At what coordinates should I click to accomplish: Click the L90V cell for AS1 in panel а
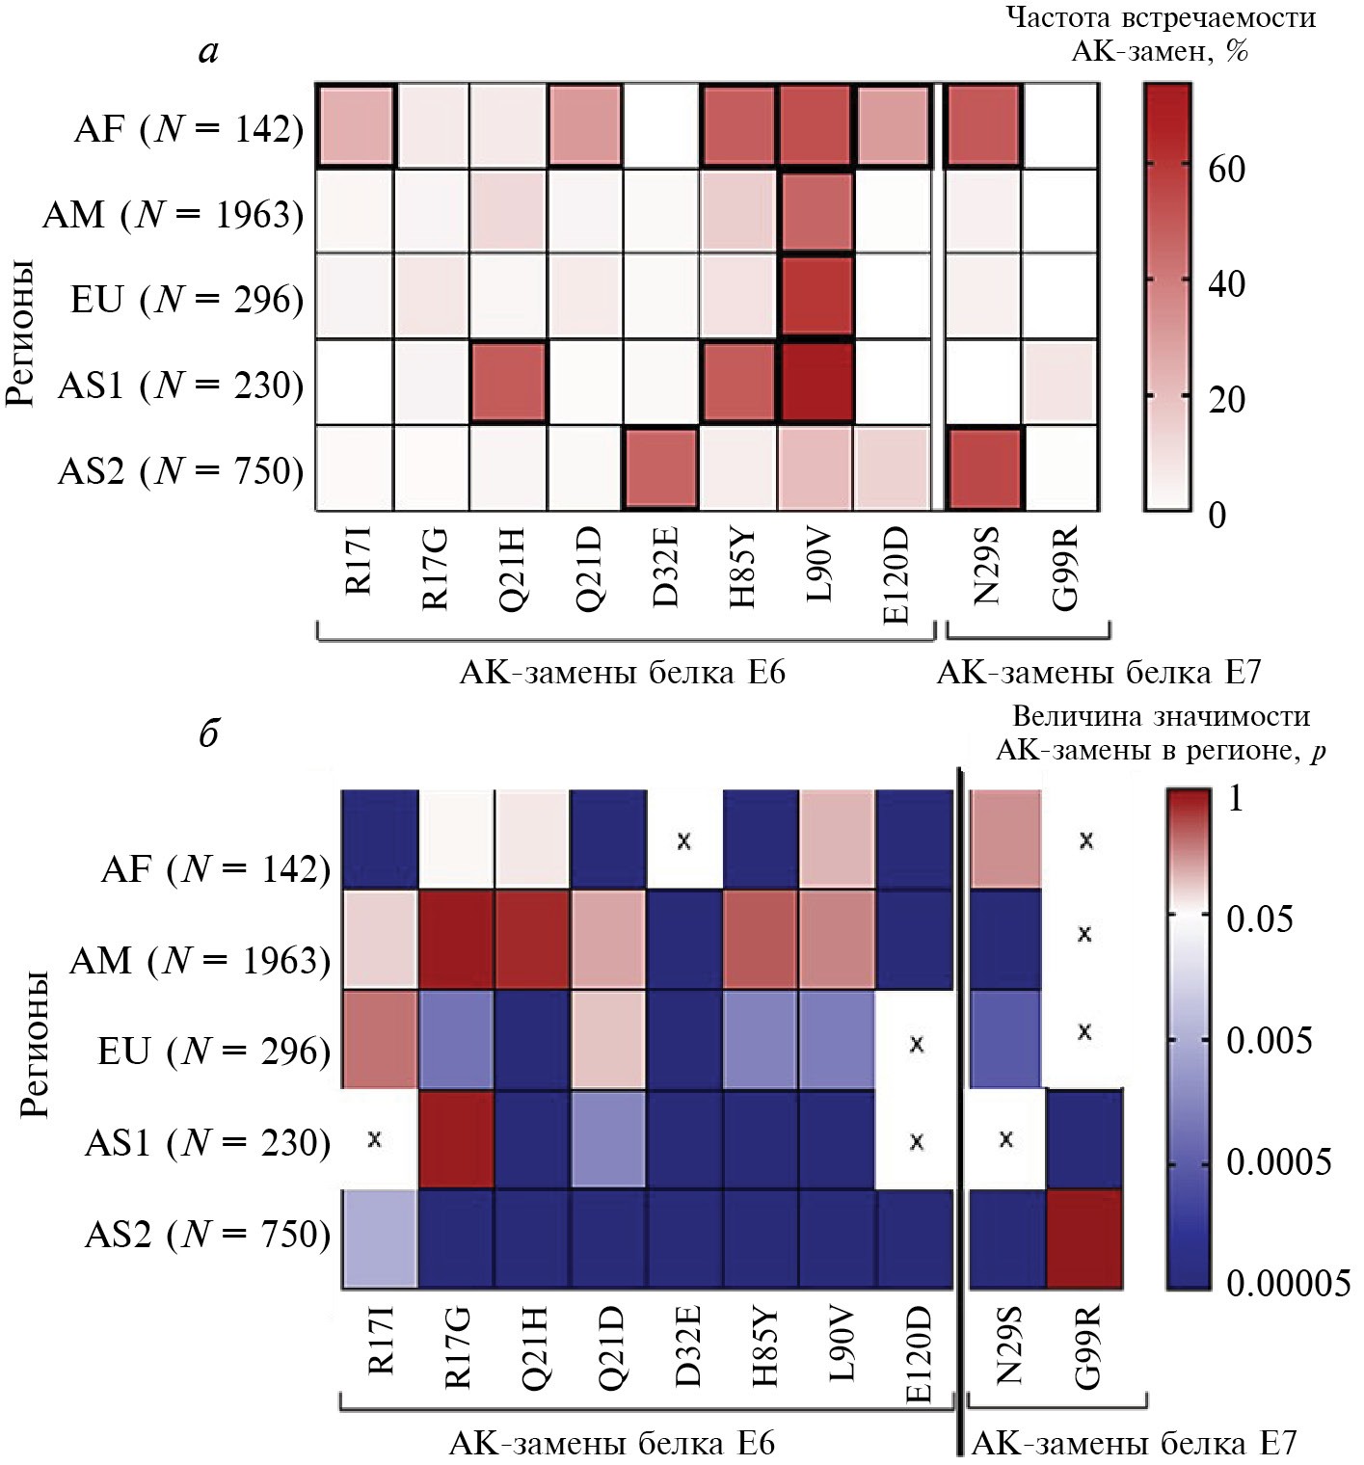[815, 383]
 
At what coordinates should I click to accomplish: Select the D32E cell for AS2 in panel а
[660, 467]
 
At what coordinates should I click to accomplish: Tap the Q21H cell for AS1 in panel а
[508, 383]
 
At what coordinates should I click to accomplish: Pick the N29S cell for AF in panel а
[982, 126]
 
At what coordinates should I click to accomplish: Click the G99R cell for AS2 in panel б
[1084, 1239]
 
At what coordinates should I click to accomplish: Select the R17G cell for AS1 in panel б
[456, 1140]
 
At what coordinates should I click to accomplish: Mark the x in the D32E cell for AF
[684, 840]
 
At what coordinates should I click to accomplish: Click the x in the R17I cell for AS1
[375, 1139]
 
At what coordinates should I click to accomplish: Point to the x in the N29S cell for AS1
[1006, 1139]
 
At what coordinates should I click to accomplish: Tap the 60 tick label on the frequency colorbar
[1226, 170]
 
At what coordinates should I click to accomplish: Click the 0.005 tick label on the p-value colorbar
[1269, 1041]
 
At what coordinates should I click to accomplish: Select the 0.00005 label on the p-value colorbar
[1288, 1283]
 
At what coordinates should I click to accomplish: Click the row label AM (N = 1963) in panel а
[173, 214]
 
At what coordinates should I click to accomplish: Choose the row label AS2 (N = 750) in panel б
[207, 1234]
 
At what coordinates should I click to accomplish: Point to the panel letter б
[209, 733]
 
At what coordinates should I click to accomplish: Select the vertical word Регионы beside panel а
[19, 333]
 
